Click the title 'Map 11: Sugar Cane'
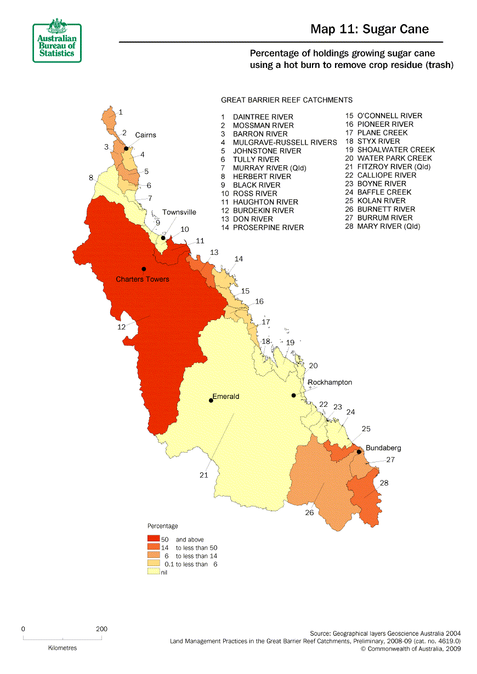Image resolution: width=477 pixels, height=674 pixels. [369, 29]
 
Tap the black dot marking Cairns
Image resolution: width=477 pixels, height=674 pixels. [126, 148]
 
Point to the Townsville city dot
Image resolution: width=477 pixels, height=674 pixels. [163, 238]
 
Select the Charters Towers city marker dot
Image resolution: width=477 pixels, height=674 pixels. [144, 269]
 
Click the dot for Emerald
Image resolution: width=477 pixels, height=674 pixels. [211, 400]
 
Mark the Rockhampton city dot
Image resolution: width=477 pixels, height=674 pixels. [293, 395]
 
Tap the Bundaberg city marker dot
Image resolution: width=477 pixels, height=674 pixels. [359, 452]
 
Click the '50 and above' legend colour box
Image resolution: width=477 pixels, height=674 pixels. [153, 540]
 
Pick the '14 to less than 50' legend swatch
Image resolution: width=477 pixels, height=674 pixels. [153, 547]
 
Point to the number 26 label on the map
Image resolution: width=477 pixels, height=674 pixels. [309, 513]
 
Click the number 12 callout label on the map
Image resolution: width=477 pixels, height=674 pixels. [121, 327]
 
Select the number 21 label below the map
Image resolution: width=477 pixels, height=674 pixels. [203, 475]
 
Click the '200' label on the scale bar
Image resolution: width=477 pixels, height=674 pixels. [101, 629]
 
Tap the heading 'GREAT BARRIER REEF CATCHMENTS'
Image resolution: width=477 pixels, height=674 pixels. [286, 100]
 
